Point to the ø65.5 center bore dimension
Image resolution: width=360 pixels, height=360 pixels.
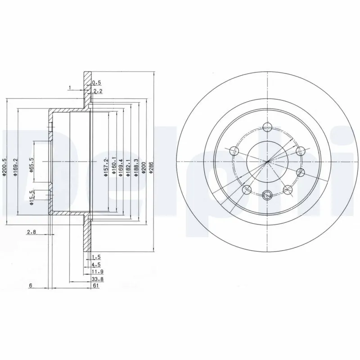[32, 162]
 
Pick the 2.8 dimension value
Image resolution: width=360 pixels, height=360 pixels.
[31, 232]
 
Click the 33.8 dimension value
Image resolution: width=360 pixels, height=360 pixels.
[95, 279]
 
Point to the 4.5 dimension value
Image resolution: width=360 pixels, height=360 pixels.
[95, 264]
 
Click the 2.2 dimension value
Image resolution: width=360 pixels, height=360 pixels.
[96, 91]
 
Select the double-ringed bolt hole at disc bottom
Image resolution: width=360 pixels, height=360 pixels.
[267, 195]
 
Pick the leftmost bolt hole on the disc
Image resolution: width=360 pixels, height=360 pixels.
[234, 151]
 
